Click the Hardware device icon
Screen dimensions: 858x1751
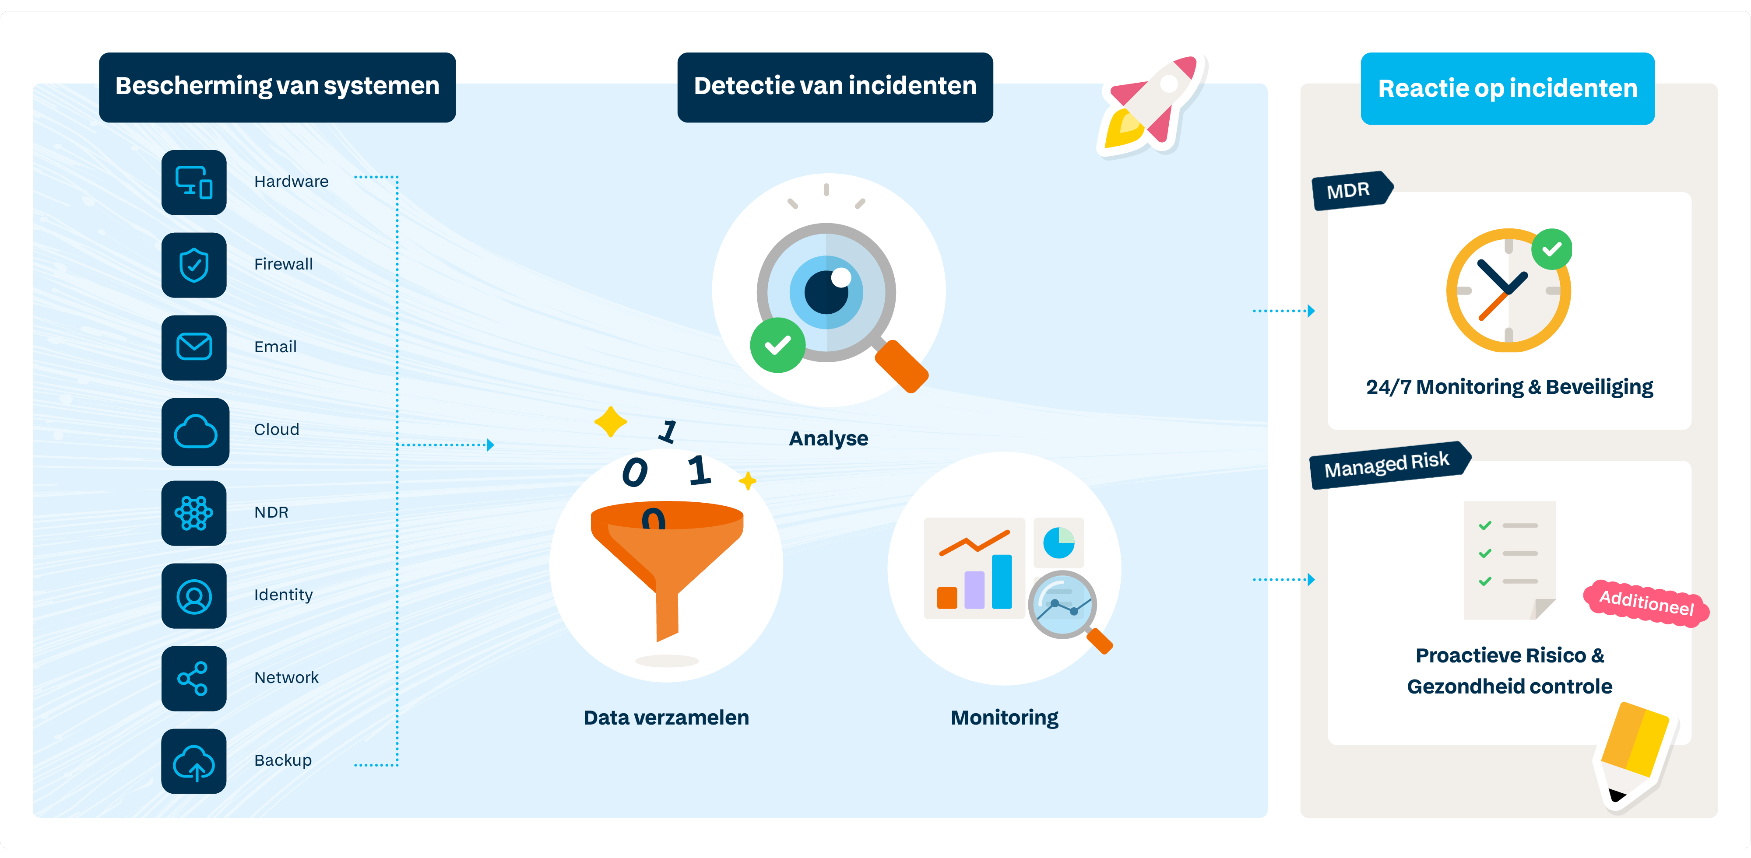tap(194, 182)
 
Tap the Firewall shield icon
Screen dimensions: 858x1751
tap(194, 265)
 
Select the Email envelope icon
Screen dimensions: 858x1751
tap(194, 347)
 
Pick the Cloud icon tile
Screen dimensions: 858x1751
tap(195, 431)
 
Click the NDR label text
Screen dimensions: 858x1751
tap(271, 512)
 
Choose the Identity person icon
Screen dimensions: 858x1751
tap(194, 596)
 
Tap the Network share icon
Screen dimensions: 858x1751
tap(194, 678)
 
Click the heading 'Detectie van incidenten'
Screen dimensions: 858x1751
tap(835, 86)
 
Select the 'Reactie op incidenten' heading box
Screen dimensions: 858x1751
tap(1507, 88)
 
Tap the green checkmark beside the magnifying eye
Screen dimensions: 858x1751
tap(777, 345)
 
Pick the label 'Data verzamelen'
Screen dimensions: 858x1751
tap(666, 718)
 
